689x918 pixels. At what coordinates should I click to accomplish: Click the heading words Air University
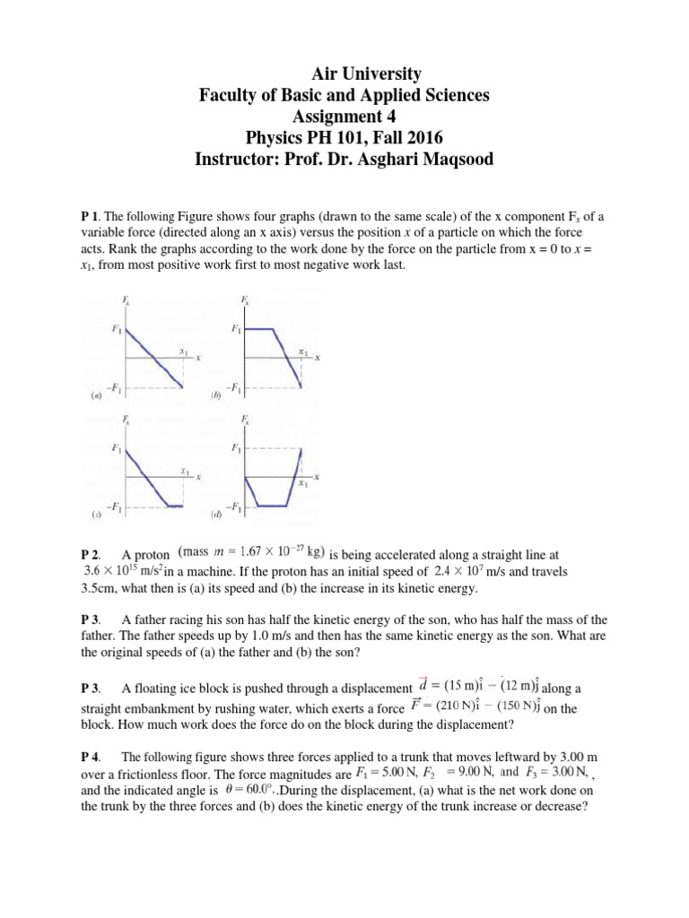coord(344,74)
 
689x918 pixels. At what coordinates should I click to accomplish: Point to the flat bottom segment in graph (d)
coord(271,505)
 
